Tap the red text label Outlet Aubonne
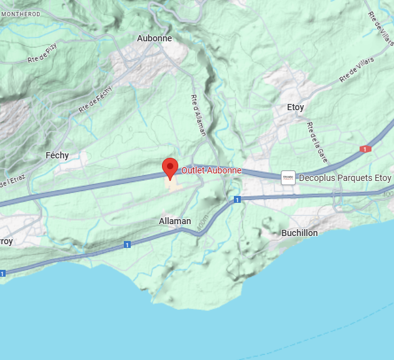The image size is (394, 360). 211,170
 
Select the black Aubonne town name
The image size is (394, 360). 154,38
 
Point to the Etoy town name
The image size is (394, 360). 295,107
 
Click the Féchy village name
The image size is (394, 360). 57,155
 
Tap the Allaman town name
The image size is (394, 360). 175,221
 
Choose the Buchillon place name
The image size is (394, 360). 300,233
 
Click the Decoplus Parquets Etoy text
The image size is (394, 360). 345,178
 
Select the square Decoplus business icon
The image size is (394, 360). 288,178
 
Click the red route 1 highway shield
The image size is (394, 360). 366,149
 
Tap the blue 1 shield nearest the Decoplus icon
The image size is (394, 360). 238,199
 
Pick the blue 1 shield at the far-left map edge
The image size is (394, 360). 3,273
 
